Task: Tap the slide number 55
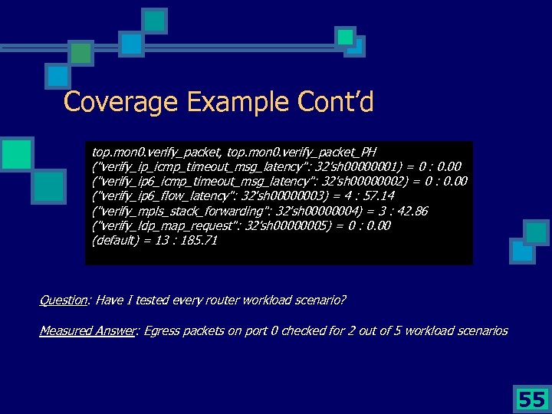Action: pyautogui.click(x=530, y=399)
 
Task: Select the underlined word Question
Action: pyautogui.click(x=62, y=299)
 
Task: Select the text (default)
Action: pyautogui.click(x=114, y=240)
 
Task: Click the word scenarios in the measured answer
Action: pyautogui.click(x=481, y=330)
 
